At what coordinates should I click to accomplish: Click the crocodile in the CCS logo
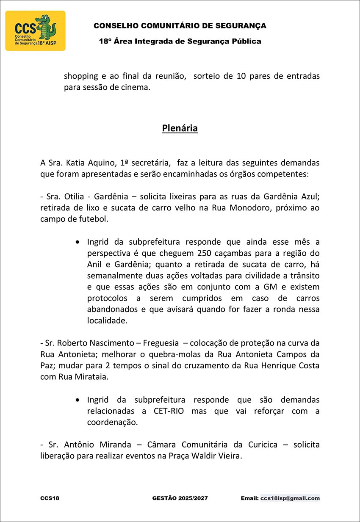pos(46,28)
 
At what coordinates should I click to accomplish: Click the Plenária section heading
pos(180,128)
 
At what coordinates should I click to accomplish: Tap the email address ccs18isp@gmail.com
pos(290,498)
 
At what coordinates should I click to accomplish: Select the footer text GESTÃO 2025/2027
pos(180,498)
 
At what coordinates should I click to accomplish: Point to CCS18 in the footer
pos(50,498)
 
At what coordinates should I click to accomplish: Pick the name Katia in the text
pos(79,163)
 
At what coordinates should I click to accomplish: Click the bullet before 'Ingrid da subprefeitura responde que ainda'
pos(77,242)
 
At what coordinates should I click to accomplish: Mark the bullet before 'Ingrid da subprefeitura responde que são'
pos(77,400)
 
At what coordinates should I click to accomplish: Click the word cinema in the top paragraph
pos(136,88)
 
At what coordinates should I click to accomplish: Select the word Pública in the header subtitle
pos(246,41)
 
